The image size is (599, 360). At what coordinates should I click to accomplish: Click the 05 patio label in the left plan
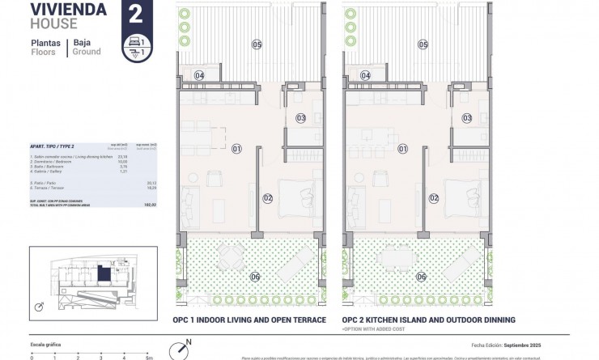click(x=257, y=44)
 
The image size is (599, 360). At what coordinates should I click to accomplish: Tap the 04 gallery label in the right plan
click(x=366, y=75)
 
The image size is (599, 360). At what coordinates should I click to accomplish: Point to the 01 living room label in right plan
click(x=403, y=149)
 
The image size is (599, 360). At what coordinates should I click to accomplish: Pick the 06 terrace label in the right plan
click(x=421, y=277)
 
